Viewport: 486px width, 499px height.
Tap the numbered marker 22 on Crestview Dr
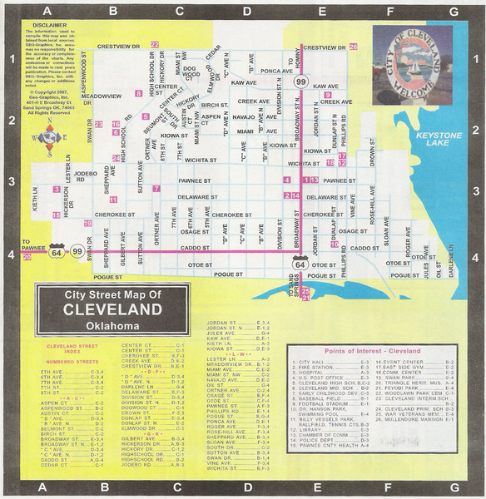(x=155, y=44)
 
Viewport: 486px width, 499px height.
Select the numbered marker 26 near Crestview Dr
(x=353, y=47)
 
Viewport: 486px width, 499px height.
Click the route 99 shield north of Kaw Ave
(x=300, y=82)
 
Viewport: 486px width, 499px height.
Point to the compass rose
(x=54, y=138)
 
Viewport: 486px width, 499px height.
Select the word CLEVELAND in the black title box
(x=112, y=309)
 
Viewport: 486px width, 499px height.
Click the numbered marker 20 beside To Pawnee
(x=27, y=257)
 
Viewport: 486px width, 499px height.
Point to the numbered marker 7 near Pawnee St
(x=156, y=189)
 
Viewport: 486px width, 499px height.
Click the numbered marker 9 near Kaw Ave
(x=328, y=95)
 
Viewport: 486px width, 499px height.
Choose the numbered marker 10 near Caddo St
(x=334, y=245)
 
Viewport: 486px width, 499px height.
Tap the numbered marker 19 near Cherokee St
(x=87, y=224)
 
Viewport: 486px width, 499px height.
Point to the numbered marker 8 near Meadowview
(x=139, y=94)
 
